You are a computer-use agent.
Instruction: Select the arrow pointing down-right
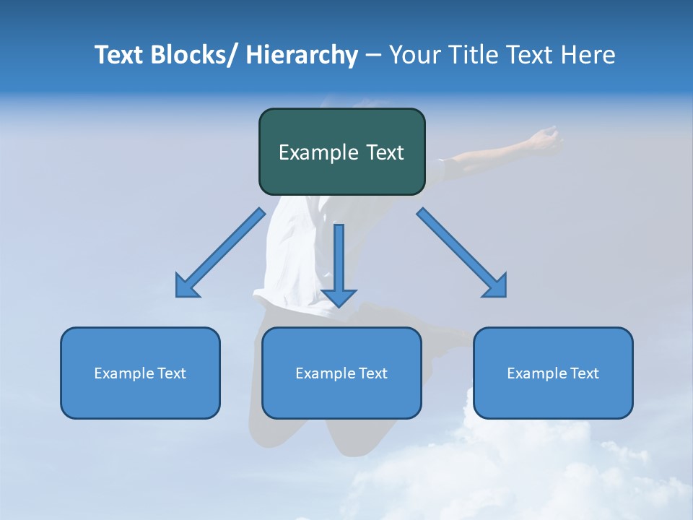pos(462,253)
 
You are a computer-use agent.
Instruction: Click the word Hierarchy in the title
pos(302,55)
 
